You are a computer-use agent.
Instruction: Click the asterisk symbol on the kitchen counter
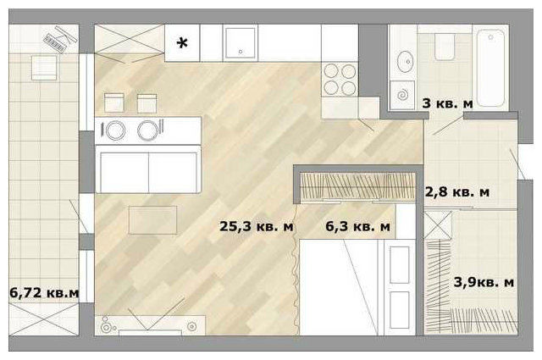click(x=182, y=43)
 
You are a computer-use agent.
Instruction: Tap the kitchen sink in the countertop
click(x=241, y=43)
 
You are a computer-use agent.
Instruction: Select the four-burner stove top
click(x=340, y=79)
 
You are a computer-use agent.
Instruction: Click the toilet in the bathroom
click(x=445, y=47)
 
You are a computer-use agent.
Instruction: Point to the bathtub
click(x=490, y=68)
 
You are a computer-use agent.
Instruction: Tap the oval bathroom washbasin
click(x=405, y=62)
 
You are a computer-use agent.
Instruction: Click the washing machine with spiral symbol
click(x=402, y=95)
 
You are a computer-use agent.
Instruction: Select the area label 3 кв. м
click(x=447, y=103)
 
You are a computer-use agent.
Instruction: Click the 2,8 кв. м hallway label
click(x=456, y=191)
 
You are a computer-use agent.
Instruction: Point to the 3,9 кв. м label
click(x=484, y=283)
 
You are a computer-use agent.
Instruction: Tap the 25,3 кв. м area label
click(x=256, y=226)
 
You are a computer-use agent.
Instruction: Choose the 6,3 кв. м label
click(x=357, y=226)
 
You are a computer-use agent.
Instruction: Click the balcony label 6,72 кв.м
click(x=44, y=293)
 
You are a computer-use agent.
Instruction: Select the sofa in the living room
click(x=148, y=169)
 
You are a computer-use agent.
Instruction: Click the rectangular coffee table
click(x=152, y=220)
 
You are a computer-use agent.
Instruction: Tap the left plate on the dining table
click(x=115, y=130)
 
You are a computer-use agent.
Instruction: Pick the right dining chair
click(x=147, y=103)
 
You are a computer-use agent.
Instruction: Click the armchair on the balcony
click(x=44, y=68)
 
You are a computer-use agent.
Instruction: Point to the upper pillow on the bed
click(x=399, y=264)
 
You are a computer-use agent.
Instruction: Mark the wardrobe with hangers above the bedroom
click(x=357, y=186)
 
